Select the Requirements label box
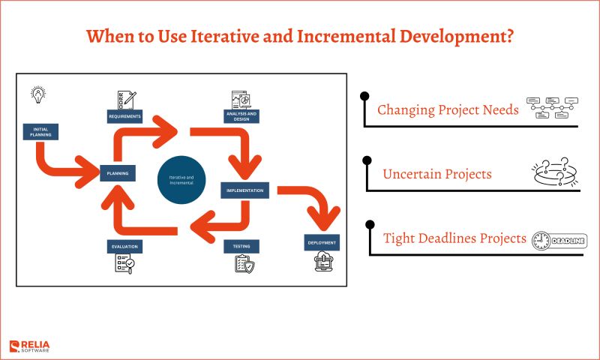124,116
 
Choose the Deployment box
322,242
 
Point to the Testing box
241,246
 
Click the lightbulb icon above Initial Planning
37,94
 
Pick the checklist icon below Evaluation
124,264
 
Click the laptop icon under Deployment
322,262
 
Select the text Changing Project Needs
448,110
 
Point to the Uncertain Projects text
437,174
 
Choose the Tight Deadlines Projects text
454,238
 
